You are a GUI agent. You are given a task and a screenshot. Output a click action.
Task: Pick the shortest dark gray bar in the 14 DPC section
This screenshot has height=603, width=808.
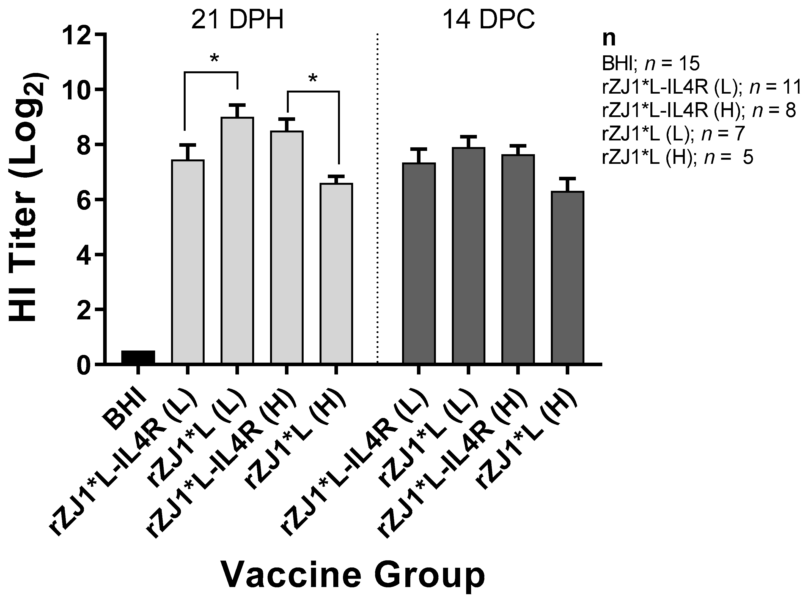click(x=567, y=278)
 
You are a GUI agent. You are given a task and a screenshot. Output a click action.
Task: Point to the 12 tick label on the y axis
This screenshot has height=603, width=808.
click(x=76, y=35)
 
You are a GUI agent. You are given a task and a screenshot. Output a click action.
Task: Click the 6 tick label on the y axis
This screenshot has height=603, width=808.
click(x=84, y=200)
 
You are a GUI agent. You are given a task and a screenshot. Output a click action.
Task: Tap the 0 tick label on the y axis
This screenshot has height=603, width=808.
click(x=84, y=365)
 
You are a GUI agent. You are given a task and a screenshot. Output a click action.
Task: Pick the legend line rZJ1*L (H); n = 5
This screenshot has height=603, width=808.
click(x=677, y=158)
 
